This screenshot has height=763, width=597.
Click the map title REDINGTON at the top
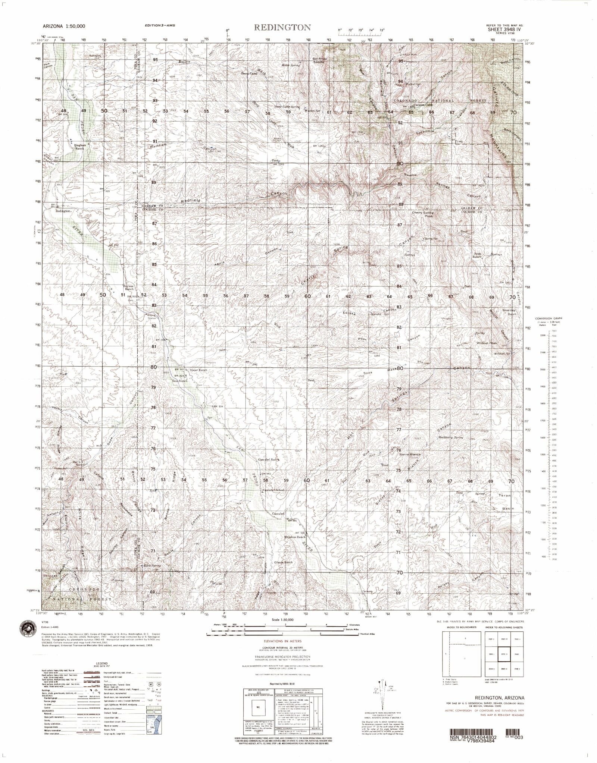[282, 28]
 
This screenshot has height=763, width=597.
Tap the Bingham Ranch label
[79, 147]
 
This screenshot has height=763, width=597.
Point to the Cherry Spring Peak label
[422, 214]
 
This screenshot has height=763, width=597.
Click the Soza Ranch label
[179, 381]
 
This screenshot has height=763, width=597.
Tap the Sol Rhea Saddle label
[321, 60]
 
